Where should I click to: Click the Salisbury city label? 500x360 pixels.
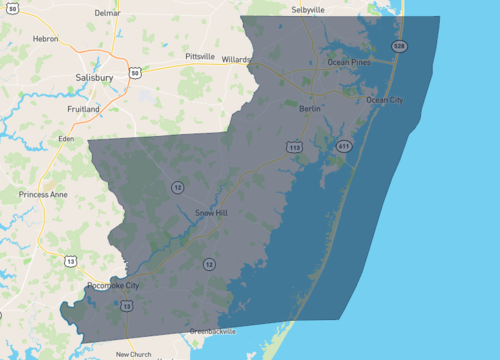[94, 76]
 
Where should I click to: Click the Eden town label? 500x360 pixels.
[67, 138]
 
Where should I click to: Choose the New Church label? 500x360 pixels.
[133, 354]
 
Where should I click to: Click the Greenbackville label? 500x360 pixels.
[214, 331]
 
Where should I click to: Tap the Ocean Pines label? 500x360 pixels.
[349, 63]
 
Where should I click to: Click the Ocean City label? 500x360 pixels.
[386, 100]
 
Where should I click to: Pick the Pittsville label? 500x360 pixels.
[200, 57]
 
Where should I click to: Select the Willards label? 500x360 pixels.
[237, 59]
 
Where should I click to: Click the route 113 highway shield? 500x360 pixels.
[295, 147]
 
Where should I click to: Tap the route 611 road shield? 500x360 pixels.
[344, 146]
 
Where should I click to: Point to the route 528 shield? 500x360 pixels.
[399, 46]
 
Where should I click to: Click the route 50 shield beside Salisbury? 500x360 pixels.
[147, 72]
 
